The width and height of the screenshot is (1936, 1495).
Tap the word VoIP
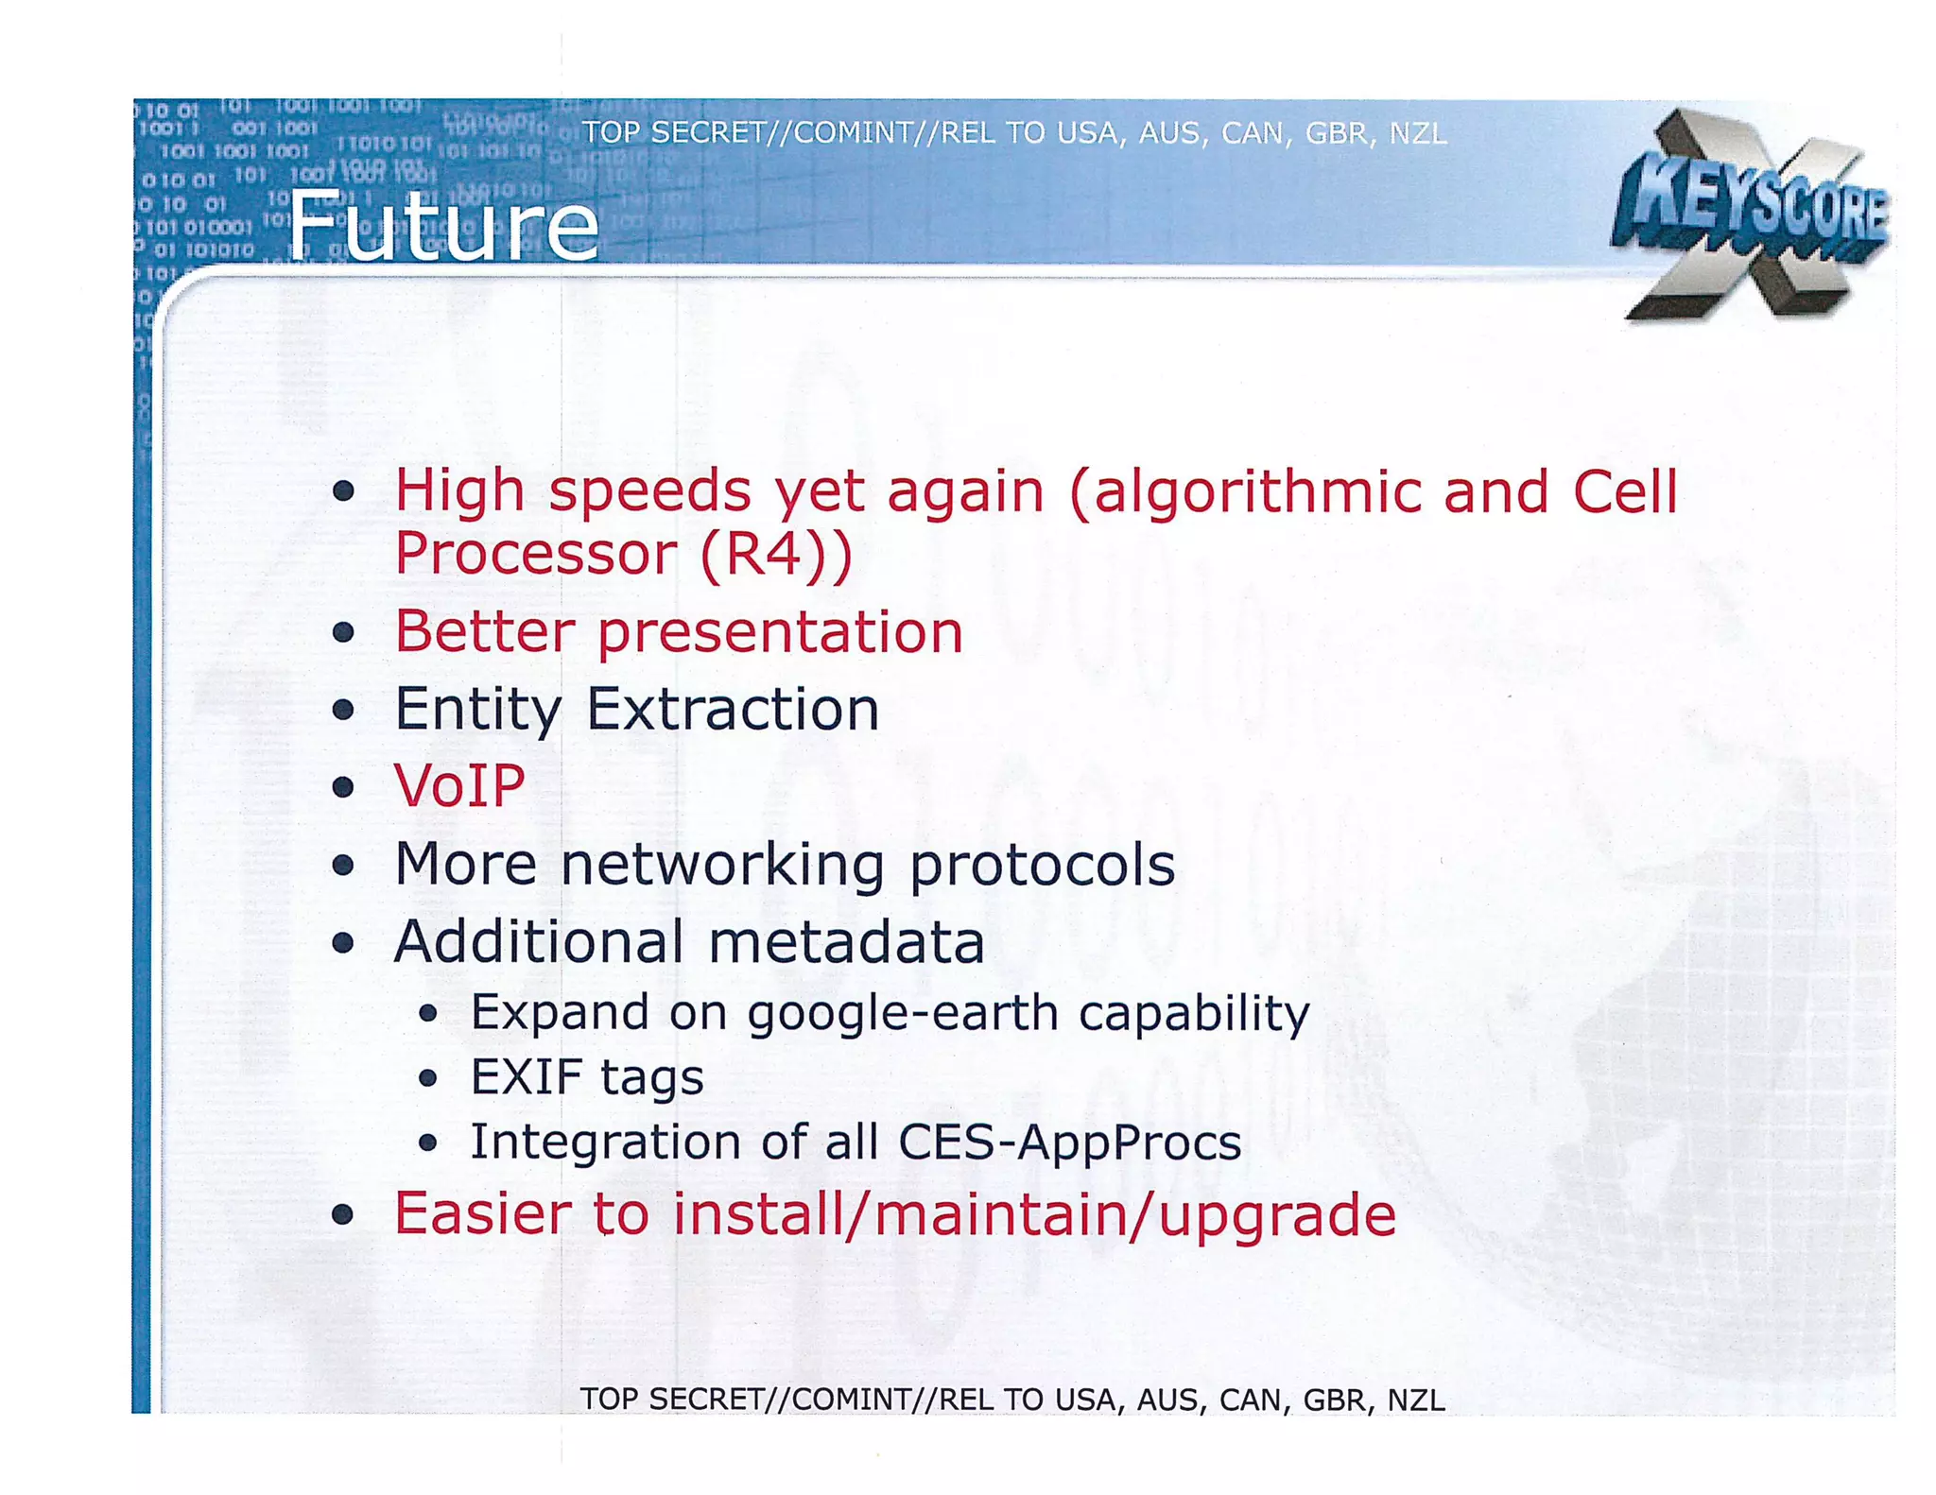(459, 785)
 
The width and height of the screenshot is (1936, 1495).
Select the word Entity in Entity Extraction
(477, 709)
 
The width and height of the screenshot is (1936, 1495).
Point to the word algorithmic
(1245, 492)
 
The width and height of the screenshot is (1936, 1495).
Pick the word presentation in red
(780, 631)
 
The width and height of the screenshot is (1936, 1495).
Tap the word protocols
(1042, 865)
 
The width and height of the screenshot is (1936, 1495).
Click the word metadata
(846, 942)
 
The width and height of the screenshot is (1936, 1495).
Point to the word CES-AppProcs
(1069, 1142)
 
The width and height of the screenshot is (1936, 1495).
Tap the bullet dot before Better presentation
(343, 632)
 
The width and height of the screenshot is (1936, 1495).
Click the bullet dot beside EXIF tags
(428, 1077)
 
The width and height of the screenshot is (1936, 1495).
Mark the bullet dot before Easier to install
(343, 1215)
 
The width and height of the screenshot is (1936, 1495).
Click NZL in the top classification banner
(1417, 133)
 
